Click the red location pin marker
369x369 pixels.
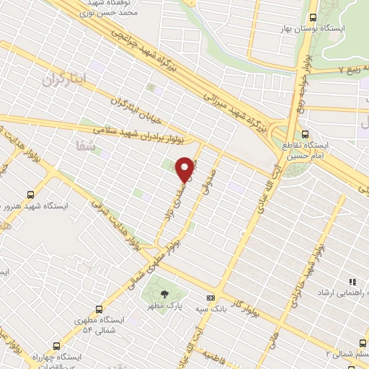(185, 169)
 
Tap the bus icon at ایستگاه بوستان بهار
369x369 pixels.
(313, 18)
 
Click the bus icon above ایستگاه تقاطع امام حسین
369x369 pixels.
(305, 133)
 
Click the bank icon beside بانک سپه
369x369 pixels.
(210, 297)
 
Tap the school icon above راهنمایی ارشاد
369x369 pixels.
(352, 282)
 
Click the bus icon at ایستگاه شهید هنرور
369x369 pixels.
(30, 195)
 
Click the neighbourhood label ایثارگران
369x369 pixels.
(63, 77)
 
